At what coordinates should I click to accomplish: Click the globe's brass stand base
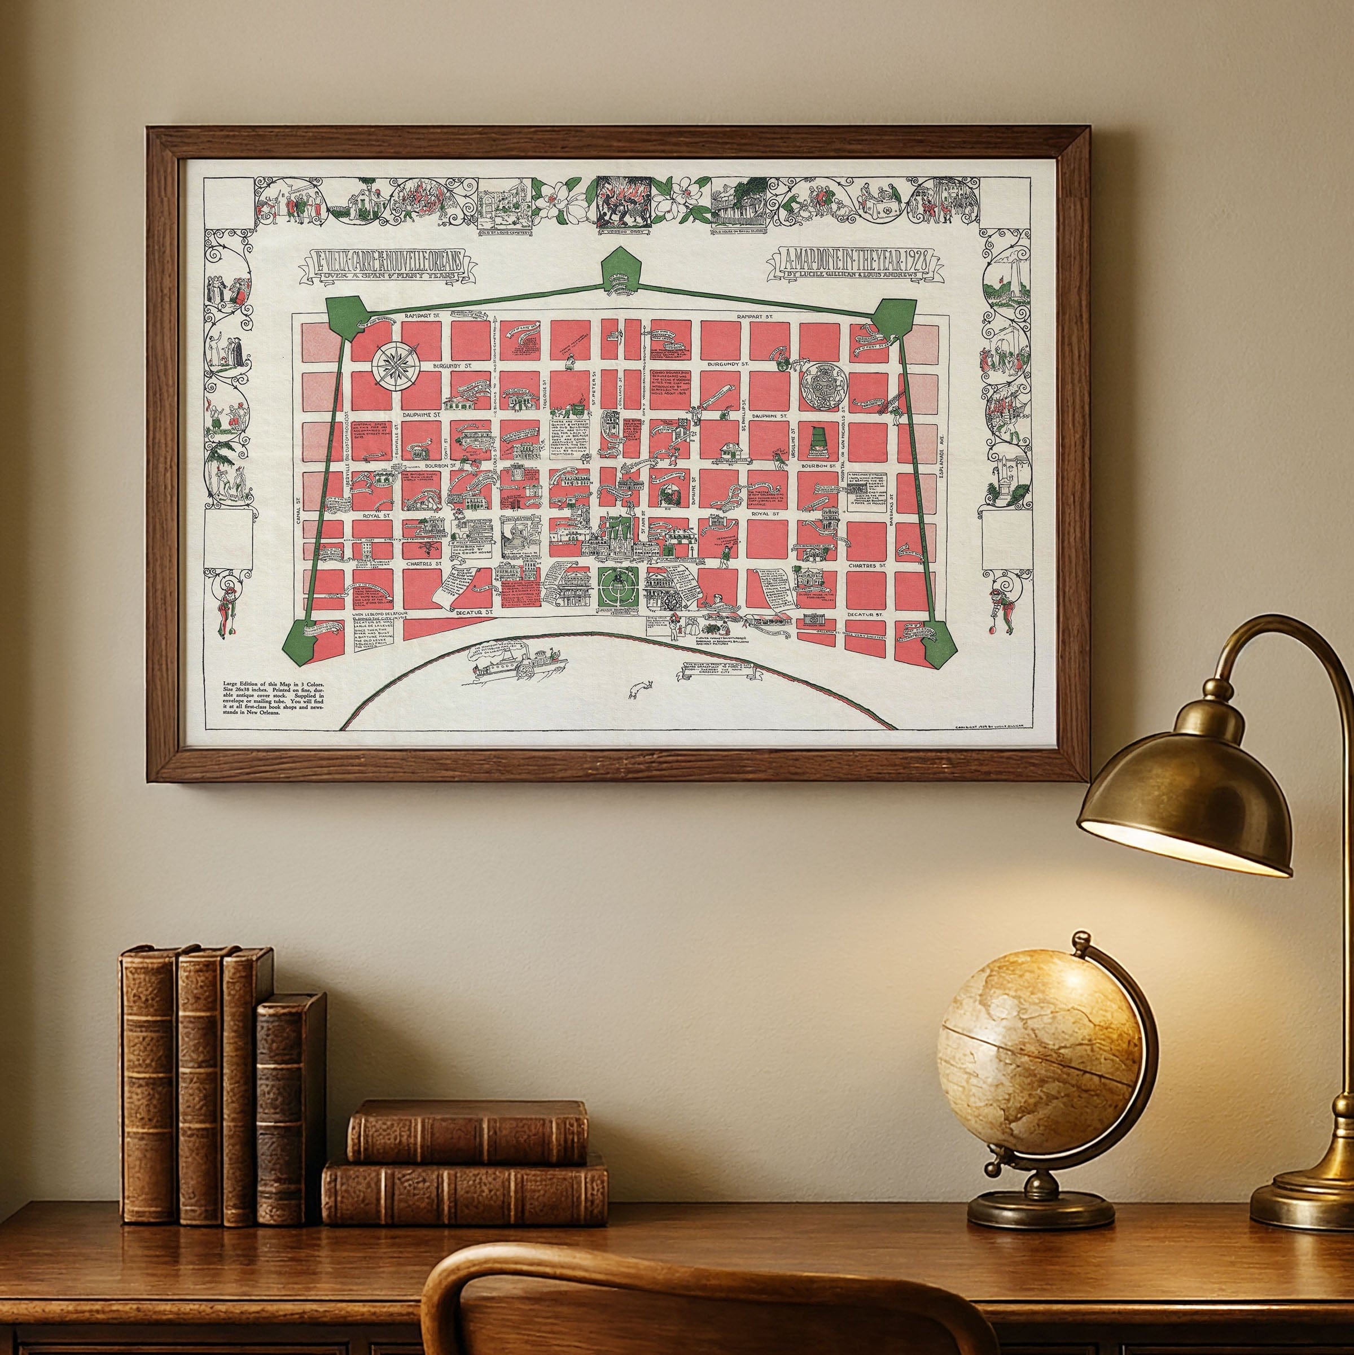[x=1041, y=1205]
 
